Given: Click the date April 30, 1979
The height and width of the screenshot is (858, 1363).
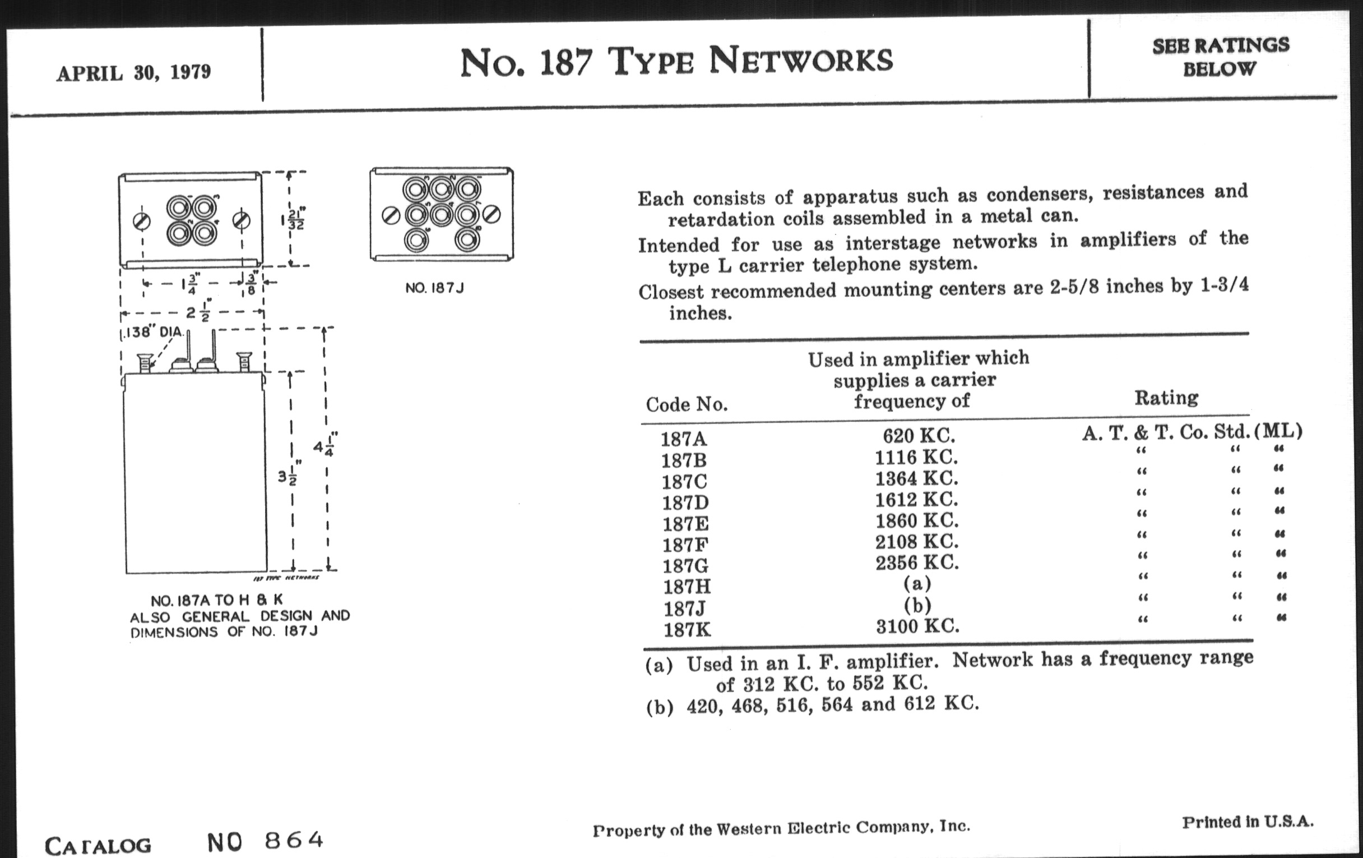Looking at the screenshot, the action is pos(133,73).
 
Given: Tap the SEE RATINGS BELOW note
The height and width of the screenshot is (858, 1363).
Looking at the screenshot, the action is pos(1221,57).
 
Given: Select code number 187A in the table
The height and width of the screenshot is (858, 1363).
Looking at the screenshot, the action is pos(684,439).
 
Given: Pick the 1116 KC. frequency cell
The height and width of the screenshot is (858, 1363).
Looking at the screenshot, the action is pos(916,457).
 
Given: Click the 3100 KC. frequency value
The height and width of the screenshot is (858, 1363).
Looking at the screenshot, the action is pos(917,626).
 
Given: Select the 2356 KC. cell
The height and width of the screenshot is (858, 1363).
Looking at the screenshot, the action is pos(917,562).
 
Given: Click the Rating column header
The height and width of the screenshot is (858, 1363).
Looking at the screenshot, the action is pos(1166,398).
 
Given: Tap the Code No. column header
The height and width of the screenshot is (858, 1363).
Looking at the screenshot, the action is pos(687,404).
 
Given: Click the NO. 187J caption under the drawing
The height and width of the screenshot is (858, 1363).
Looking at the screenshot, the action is pos(434,288).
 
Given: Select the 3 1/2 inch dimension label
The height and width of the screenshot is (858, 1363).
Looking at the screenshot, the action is pos(289,473).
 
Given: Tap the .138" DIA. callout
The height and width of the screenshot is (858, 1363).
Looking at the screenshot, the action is pos(154,332).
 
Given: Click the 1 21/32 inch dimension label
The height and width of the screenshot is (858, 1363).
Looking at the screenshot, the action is pos(293,219).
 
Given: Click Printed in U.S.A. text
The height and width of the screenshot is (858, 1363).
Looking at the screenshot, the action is pos(1248,822).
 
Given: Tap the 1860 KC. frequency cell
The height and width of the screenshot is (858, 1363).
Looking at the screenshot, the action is pos(917,520).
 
